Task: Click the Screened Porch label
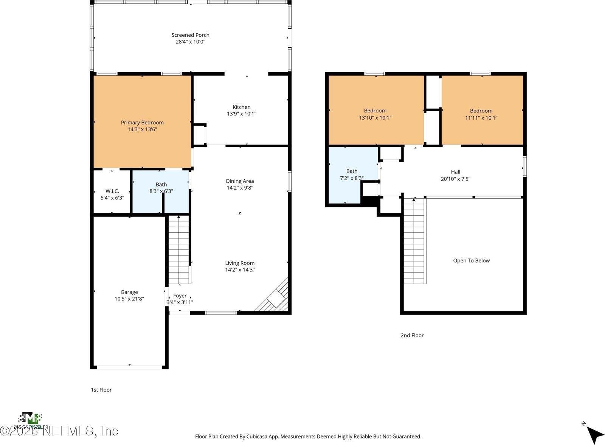click(190, 35)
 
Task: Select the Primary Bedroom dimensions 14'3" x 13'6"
click(142, 129)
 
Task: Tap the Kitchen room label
click(241, 107)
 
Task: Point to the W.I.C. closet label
click(112, 191)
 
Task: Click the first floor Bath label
click(161, 185)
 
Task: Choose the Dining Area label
click(240, 181)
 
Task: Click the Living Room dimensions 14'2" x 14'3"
click(240, 270)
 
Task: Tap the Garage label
click(129, 292)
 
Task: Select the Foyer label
click(180, 296)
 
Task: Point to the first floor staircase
click(179, 250)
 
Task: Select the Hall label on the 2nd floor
click(455, 172)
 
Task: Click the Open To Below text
click(471, 261)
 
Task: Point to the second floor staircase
click(414, 242)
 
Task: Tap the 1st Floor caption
click(101, 390)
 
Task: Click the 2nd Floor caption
click(412, 335)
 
